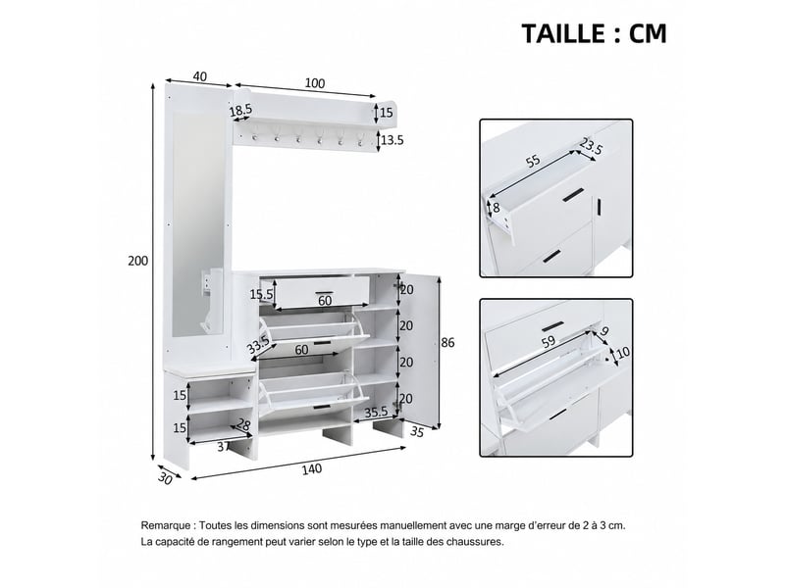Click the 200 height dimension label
(137, 261)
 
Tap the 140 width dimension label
(312, 469)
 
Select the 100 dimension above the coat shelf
(315, 83)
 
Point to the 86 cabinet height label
(447, 342)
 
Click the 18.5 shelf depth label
(240, 111)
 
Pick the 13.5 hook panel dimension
(392, 140)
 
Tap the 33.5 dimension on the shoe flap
(258, 344)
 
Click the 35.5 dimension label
(376, 412)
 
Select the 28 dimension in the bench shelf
(243, 425)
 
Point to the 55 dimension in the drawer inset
(533, 161)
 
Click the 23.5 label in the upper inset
(592, 146)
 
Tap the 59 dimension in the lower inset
(549, 341)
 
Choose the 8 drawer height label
(497, 207)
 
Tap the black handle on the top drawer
(324, 292)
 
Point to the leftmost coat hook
(254, 135)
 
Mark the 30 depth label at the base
(165, 478)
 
